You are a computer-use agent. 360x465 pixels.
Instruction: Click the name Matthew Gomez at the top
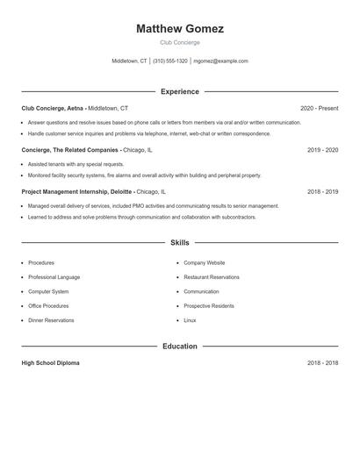(x=180, y=29)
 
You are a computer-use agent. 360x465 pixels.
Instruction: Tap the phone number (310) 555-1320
(x=170, y=61)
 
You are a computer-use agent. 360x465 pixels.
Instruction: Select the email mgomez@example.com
(x=220, y=61)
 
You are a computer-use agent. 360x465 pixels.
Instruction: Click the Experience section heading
(x=180, y=91)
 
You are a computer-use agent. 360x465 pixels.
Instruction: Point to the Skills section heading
(x=180, y=242)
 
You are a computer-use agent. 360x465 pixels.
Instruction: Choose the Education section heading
(x=180, y=347)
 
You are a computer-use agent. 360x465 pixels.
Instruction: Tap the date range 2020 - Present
(x=319, y=108)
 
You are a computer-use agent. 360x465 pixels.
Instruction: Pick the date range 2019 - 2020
(x=322, y=150)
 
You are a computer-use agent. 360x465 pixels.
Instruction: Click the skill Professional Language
(x=54, y=277)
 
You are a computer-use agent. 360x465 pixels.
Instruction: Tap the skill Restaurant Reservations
(x=211, y=277)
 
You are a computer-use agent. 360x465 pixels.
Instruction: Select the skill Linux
(x=190, y=320)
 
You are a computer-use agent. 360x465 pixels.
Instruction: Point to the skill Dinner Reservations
(x=51, y=320)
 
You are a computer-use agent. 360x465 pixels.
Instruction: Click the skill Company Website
(x=204, y=263)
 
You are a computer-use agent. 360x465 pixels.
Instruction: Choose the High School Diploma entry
(x=50, y=363)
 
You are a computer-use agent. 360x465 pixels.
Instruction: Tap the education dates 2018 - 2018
(x=322, y=363)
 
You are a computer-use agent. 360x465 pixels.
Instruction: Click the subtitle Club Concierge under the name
(x=180, y=42)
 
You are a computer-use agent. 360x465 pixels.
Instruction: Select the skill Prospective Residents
(x=208, y=306)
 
